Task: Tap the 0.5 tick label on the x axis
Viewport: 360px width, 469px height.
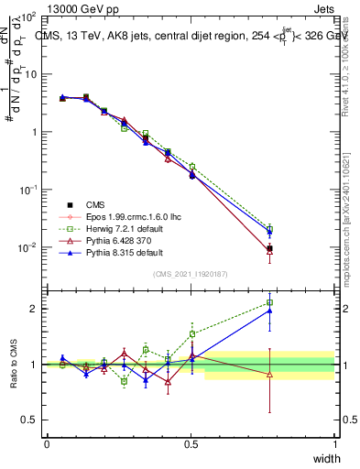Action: pos(191,444)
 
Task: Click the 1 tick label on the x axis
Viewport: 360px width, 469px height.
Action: pos(334,444)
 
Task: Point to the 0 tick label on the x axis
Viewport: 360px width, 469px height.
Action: pos(47,444)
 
